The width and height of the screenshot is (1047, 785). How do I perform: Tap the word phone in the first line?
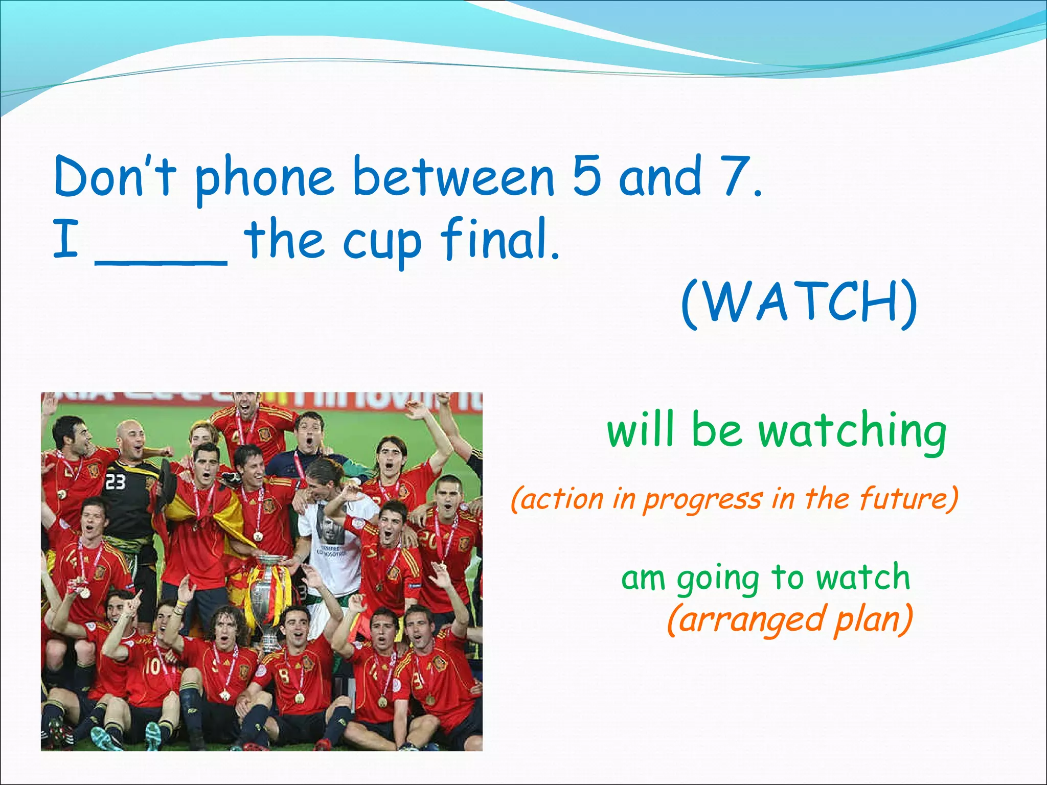264,179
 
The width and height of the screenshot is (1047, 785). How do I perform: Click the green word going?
718,579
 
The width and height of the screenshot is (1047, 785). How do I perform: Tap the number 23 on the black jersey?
115,481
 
